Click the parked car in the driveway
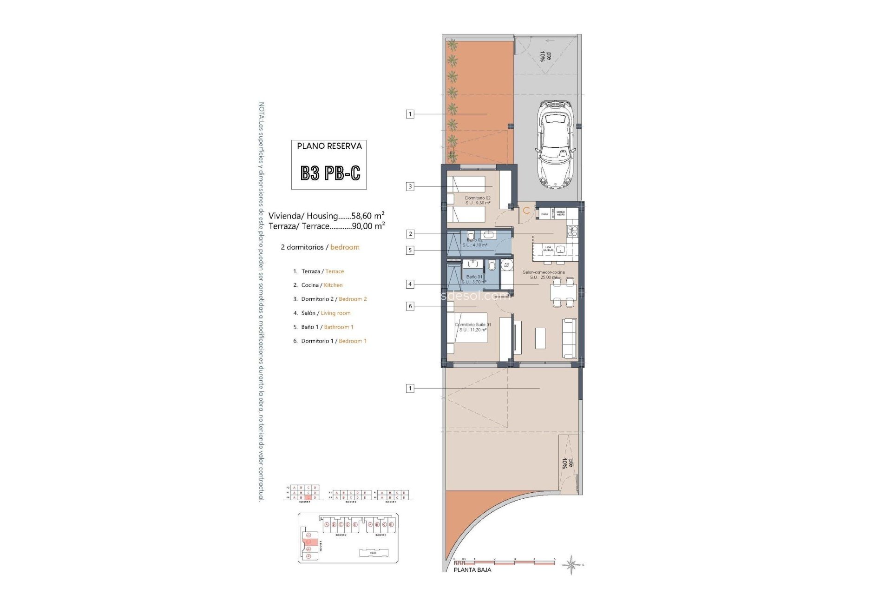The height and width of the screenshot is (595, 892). click(556, 145)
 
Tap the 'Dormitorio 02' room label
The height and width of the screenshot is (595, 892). click(478, 198)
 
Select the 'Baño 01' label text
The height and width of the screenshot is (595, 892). click(474, 277)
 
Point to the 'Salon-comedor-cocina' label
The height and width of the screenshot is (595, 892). click(544, 272)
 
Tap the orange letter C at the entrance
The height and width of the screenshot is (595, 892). click(526, 211)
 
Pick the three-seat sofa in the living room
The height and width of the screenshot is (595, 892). click(570, 338)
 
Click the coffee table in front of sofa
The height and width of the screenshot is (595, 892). click(540, 338)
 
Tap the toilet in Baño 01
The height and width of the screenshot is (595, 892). click(492, 266)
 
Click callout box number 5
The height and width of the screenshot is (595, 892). click(410, 251)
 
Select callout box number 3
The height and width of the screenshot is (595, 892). click(410, 187)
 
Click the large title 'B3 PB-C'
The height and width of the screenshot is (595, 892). click(330, 173)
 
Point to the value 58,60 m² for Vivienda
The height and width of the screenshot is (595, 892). click(367, 216)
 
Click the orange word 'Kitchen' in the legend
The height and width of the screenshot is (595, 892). click(333, 285)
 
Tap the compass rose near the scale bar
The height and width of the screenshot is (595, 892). click(571, 564)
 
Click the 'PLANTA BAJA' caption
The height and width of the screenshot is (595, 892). click(472, 570)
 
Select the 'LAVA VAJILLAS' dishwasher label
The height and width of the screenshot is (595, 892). click(548, 249)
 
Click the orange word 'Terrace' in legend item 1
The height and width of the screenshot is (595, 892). click(334, 271)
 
